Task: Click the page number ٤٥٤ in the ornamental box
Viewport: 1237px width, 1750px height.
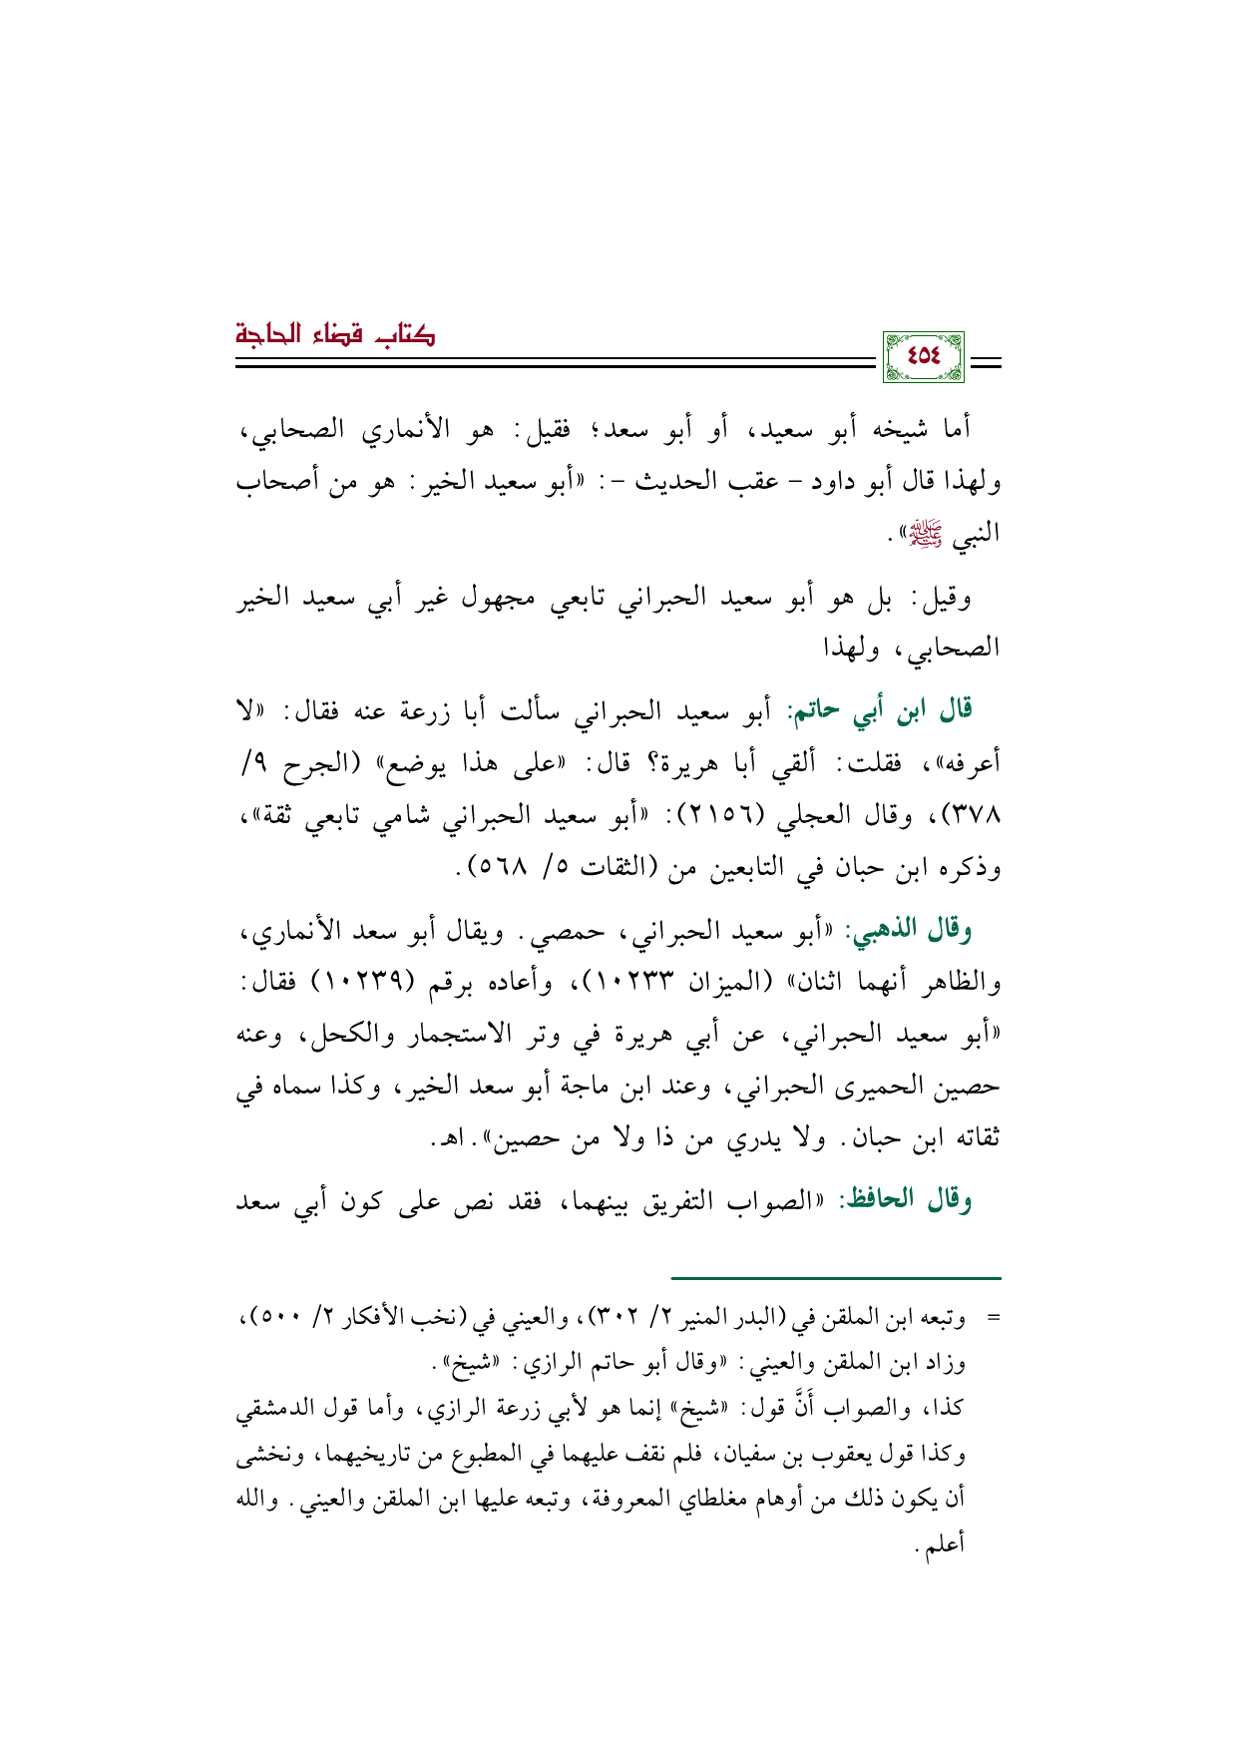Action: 923,357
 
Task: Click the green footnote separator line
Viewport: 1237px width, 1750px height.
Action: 835,1277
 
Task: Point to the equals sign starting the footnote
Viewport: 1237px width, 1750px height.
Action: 994,1318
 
